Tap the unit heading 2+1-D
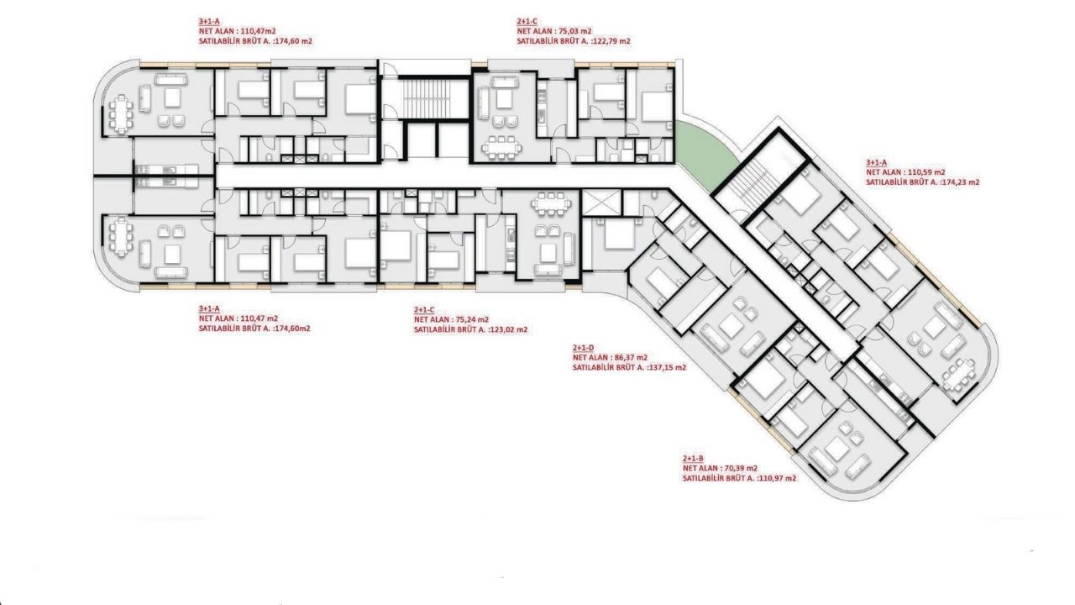tap(583, 348)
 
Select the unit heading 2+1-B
tap(693, 459)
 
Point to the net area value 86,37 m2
tap(631, 358)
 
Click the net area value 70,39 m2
tap(741, 468)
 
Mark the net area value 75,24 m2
tap(472, 320)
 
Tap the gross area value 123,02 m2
tap(508, 330)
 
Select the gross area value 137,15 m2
tap(667, 368)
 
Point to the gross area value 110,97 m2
tap(777, 478)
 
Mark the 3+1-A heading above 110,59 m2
tap(877, 162)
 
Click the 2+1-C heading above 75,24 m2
tap(424, 310)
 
